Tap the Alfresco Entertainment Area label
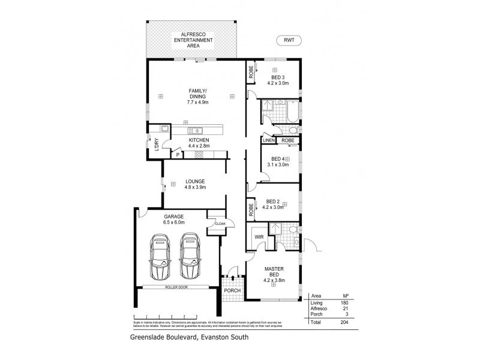193,40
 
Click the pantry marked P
178,154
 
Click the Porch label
232,290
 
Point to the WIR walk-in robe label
259,237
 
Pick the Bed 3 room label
277,80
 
